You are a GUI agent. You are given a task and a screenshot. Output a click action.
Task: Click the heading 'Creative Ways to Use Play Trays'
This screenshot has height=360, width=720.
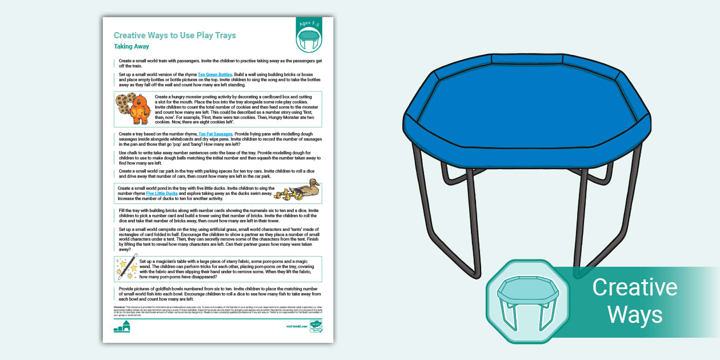pyautogui.click(x=175, y=35)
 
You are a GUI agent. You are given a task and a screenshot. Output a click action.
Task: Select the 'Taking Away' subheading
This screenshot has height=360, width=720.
pyautogui.click(x=131, y=47)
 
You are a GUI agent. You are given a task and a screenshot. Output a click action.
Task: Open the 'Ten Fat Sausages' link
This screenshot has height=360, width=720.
pyautogui.click(x=215, y=134)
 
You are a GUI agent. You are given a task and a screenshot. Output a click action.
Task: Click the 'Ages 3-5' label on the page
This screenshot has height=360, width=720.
pyautogui.click(x=309, y=25)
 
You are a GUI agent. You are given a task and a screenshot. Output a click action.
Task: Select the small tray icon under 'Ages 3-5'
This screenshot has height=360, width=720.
pyautogui.click(x=309, y=39)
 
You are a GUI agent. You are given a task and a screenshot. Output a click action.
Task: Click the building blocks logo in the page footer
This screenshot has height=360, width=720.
pyautogui.click(x=122, y=326)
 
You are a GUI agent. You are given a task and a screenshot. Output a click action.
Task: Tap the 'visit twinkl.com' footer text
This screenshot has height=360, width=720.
pyautogui.click(x=295, y=326)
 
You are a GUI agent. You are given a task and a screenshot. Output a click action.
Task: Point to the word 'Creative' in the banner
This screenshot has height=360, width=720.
pyautogui.click(x=634, y=287)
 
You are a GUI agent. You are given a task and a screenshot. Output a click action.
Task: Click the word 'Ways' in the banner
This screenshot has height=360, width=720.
pyautogui.click(x=634, y=314)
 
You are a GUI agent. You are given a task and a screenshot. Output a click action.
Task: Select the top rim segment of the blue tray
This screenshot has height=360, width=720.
pyautogui.click(x=527, y=59)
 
